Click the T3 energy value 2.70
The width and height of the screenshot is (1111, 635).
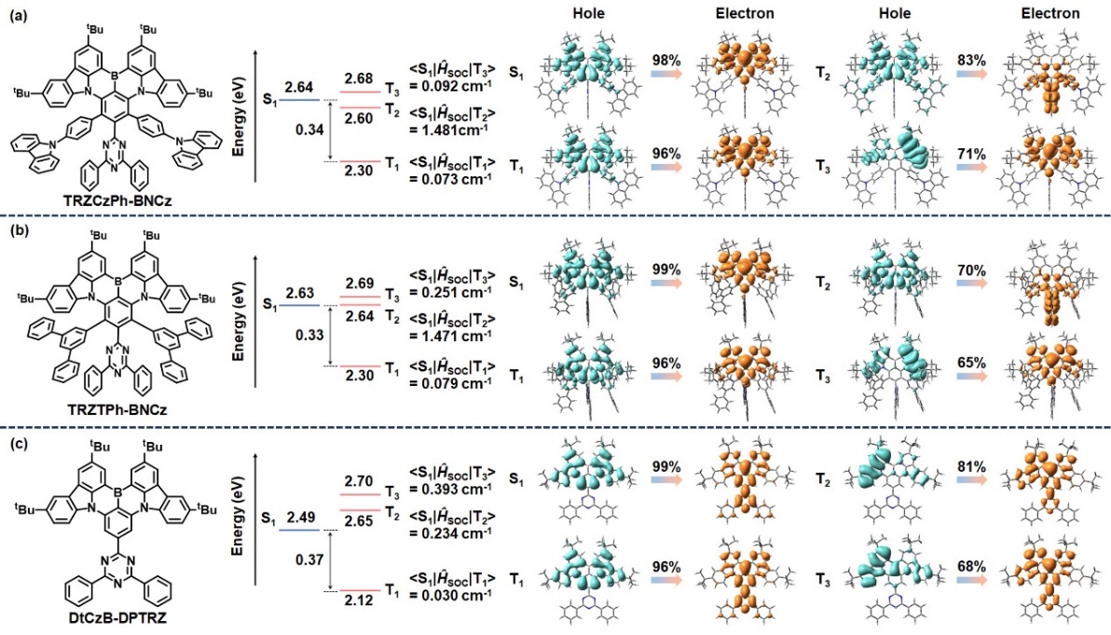pyautogui.click(x=357, y=479)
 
